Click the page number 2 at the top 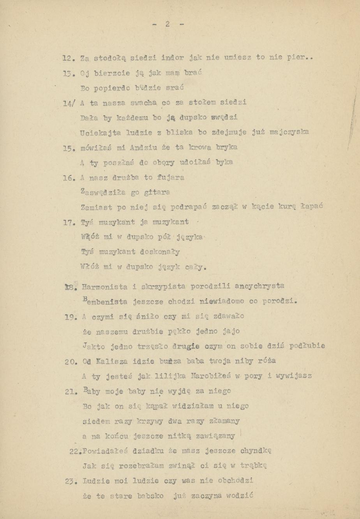[167, 24]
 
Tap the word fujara [169, 178]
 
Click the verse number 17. [69, 223]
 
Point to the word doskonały [158, 252]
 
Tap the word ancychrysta [259, 286]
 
